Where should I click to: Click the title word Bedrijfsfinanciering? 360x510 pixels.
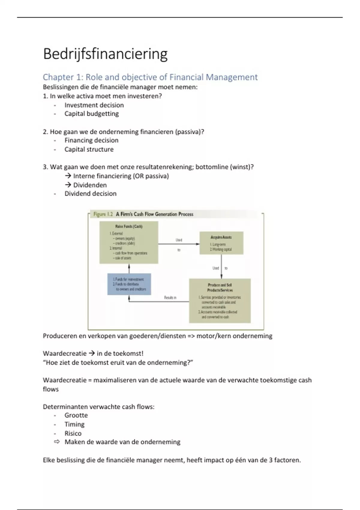105,54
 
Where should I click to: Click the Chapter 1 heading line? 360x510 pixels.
150,77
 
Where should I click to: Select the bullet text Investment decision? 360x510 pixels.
94,105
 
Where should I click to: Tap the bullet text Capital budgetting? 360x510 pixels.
91,114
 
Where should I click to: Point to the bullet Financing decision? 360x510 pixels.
91,140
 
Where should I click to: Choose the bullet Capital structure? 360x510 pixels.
89,149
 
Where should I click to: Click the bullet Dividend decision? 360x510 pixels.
90,193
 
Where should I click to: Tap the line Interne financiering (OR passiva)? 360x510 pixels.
121,176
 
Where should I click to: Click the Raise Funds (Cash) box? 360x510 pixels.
129,242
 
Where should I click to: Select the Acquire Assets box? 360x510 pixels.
221,243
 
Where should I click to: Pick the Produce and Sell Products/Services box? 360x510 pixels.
220,301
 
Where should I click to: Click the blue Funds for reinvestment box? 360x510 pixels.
129,284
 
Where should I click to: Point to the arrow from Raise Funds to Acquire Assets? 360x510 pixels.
178,244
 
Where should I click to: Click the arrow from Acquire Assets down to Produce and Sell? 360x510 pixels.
221,267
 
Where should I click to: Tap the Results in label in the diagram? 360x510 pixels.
170,298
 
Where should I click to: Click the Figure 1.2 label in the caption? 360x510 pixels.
103,214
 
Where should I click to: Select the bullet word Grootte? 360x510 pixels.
76,415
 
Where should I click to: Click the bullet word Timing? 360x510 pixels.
74,424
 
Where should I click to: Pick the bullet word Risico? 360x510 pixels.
73,433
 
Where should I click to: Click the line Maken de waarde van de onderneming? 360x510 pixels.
122,442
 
